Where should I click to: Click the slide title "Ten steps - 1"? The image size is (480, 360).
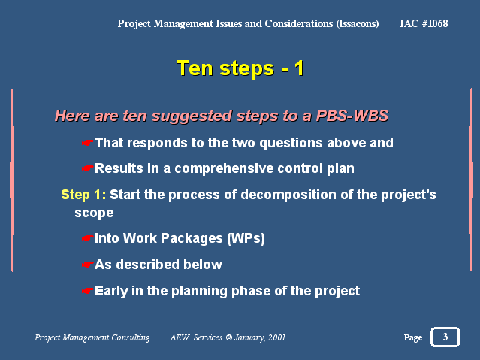[240, 68]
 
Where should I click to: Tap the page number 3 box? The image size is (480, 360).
[445, 337]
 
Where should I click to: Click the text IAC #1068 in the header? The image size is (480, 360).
[424, 23]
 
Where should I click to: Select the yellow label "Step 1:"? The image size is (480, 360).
[83, 195]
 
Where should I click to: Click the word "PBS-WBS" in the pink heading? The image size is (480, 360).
[352, 116]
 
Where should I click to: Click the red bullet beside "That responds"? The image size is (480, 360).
[87, 143]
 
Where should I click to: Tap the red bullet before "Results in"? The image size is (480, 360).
[87, 168]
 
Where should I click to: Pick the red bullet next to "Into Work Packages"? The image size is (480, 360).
[87, 238]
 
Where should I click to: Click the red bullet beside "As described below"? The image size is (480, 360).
[87, 265]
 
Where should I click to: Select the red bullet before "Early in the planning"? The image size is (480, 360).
[87, 291]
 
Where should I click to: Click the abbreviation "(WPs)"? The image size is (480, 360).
[246, 238]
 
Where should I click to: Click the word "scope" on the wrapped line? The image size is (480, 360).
[94, 213]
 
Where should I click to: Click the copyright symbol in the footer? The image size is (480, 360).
[228, 337]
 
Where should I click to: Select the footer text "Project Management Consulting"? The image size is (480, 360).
[92, 337]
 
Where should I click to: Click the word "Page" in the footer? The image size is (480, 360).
[413, 337]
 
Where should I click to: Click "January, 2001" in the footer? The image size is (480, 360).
[260, 337]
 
